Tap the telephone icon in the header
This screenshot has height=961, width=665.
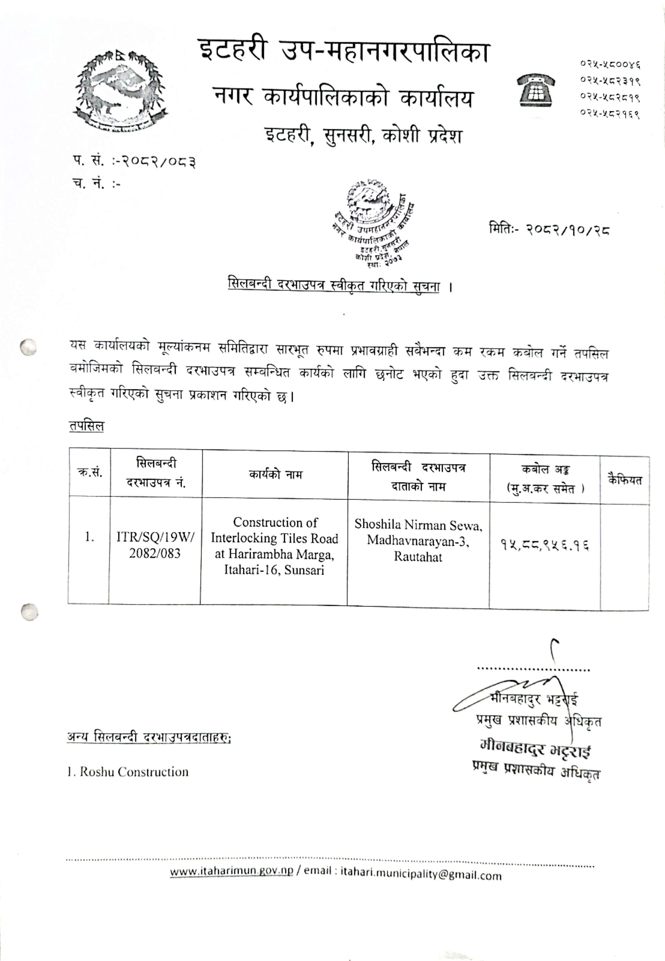click(x=536, y=89)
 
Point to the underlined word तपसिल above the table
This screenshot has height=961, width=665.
click(x=86, y=426)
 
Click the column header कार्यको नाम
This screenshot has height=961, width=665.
click(x=275, y=475)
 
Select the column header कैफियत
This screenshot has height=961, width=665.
click(x=624, y=480)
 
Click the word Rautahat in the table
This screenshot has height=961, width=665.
click(x=418, y=557)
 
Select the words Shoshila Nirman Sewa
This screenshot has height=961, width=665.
click(x=418, y=525)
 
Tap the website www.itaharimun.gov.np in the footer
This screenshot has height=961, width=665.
click(x=232, y=872)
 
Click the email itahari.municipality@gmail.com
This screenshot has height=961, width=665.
click(x=421, y=875)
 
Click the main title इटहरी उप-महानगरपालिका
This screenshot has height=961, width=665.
click(x=343, y=53)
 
